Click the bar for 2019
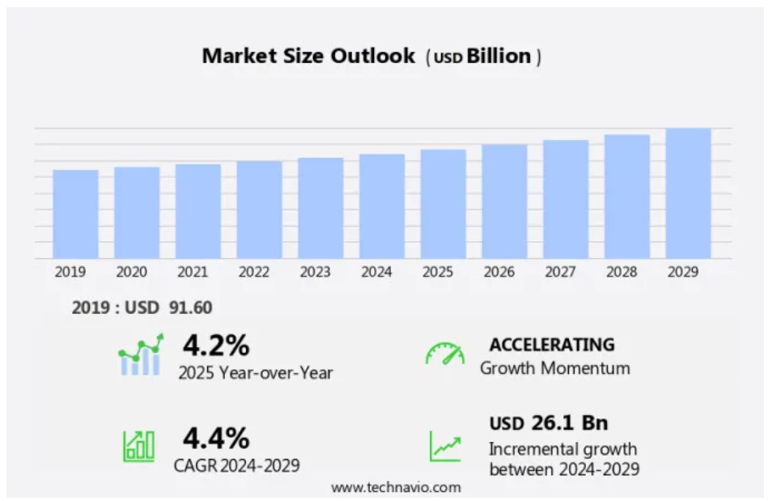(x=75, y=214)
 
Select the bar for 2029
(x=688, y=193)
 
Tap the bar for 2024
(x=382, y=206)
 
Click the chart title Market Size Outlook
(x=308, y=56)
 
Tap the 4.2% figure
(x=215, y=346)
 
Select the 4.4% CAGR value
(x=215, y=438)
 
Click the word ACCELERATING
(x=552, y=344)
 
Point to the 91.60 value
(x=190, y=308)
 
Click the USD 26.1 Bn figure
(x=548, y=422)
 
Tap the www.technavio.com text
(x=396, y=487)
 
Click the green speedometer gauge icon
(x=445, y=354)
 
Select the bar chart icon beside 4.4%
(x=139, y=445)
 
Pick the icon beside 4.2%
(x=141, y=355)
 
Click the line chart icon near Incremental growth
(x=445, y=446)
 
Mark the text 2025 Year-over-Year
(x=256, y=373)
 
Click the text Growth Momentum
(x=554, y=368)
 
